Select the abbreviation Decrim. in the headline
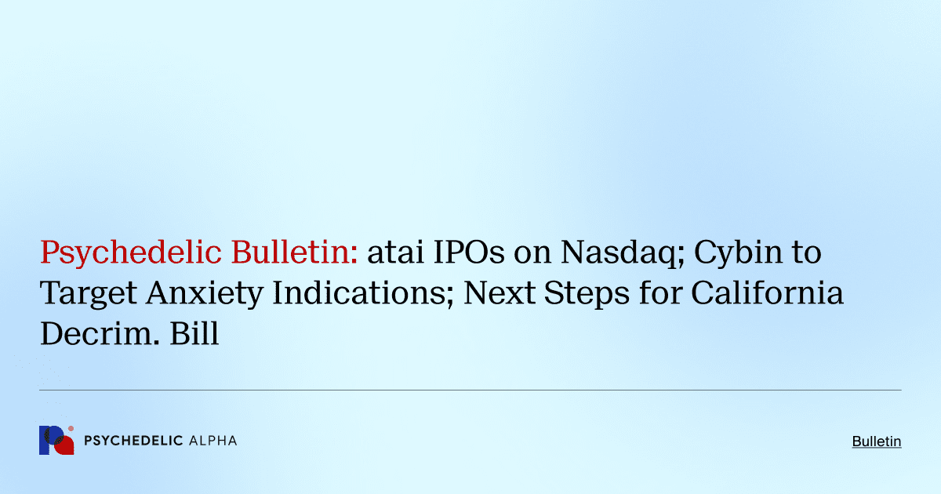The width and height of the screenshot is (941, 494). [93, 334]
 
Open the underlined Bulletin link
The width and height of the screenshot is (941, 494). [877, 441]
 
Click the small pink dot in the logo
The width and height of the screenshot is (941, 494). [71, 429]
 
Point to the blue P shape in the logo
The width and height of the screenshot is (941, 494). [49, 441]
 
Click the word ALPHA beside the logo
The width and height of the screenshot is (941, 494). [213, 441]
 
